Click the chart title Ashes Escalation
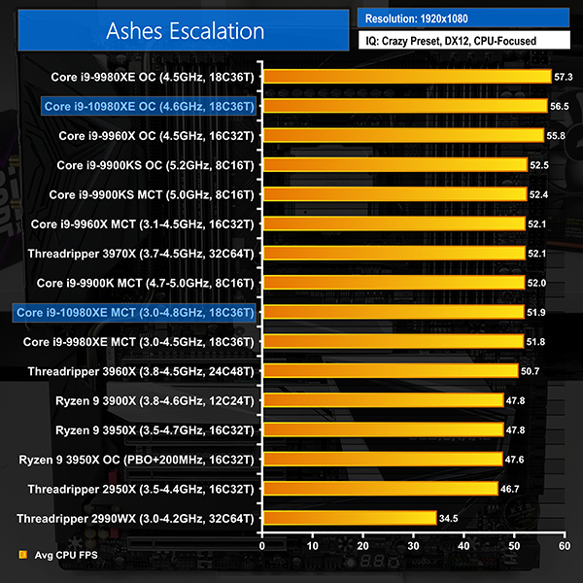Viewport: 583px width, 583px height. [x=199, y=31]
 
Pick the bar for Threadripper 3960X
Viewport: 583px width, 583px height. [x=390, y=370]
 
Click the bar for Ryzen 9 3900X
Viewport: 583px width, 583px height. [x=383, y=400]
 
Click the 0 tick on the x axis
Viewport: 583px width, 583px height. [x=262, y=546]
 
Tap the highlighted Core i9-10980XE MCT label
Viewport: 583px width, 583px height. [x=135, y=312]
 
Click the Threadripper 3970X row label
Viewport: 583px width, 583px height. [x=141, y=253]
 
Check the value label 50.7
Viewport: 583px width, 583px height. [x=532, y=370]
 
